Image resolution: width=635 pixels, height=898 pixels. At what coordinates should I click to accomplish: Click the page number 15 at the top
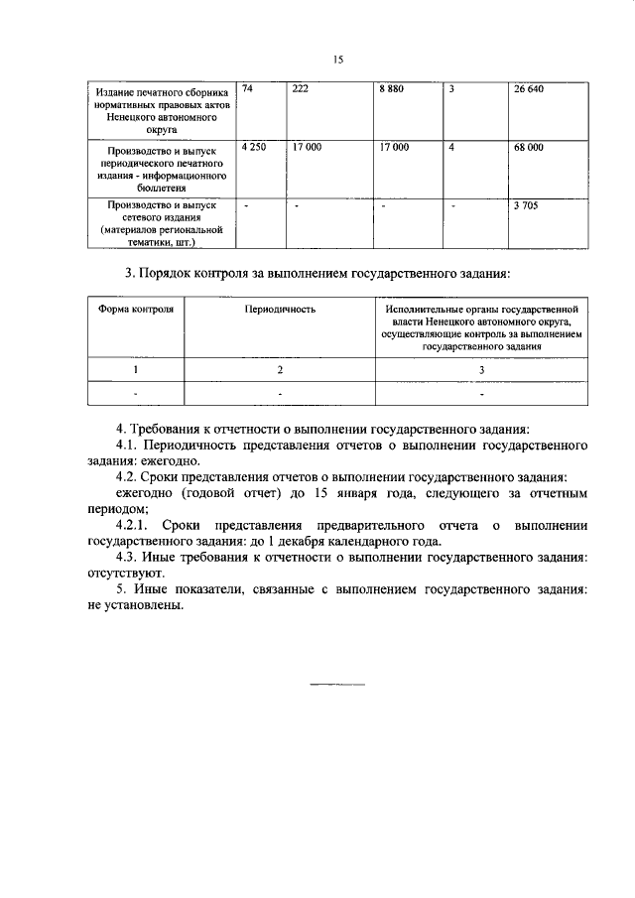pyautogui.click(x=337, y=61)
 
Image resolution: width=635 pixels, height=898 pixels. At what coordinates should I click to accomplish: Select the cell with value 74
pyautogui.click(x=248, y=89)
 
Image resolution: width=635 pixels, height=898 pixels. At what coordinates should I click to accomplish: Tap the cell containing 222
pyautogui.click(x=302, y=89)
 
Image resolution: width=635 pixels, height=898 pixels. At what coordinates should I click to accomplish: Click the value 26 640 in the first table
pyautogui.click(x=529, y=89)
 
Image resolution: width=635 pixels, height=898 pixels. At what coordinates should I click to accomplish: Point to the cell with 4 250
pyautogui.click(x=254, y=147)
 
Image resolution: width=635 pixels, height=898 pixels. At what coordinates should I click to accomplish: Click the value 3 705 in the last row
pyautogui.click(x=525, y=204)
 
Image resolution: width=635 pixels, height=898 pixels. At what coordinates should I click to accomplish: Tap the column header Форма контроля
pyautogui.click(x=136, y=310)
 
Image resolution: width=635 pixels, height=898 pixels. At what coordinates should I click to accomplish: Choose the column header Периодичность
pyautogui.click(x=280, y=310)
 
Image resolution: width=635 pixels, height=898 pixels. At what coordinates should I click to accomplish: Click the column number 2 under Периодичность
pyautogui.click(x=280, y=369)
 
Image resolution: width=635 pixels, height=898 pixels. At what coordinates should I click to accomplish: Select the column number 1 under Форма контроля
pyautogui.click(x=136, y=369)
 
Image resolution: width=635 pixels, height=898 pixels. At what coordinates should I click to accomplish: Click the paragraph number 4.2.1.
pyautogui.click(x=133, y=525)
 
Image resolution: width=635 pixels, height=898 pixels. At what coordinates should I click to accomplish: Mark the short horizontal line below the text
pyautogui.click(x=337, y=685)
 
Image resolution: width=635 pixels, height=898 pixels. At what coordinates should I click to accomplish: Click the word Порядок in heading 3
pyautogui.click(x=176, y=272)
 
